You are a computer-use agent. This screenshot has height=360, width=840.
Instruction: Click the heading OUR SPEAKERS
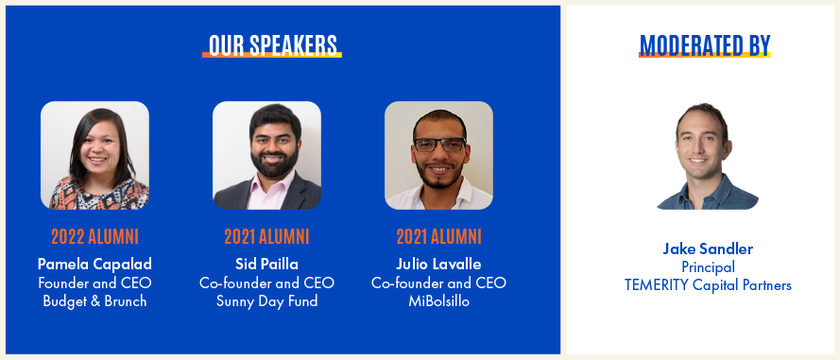pyautogui.click(x=273, y=45)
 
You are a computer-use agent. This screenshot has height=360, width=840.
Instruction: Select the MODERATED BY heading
pyautogui.click(x=705, y=45)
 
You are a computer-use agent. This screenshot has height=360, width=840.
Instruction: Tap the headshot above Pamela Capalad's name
pyautogui.click(x=94, y=155)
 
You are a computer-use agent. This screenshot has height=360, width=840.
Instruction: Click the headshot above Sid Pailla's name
pyautogui.click(x=266, y=155)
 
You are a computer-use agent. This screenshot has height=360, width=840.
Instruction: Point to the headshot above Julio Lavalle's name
pyautogui.click(x=438, y=155)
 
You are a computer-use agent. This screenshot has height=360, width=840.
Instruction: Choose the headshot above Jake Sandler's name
pyautogui.click(x=707, y=156)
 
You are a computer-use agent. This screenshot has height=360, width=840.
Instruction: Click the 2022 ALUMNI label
pyautogui.click(x=94, y=236)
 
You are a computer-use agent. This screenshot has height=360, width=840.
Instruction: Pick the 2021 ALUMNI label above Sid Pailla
pyautogui.click(x=266, y=236)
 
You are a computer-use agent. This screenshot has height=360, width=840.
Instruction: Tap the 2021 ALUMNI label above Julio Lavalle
pyautogui.click(x=438, y=236)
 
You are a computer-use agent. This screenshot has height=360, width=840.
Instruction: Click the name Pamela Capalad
pyautogui.click(x=94, y=265)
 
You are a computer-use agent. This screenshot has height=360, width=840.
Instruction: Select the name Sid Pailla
pyautogui.click(x=266, y=265)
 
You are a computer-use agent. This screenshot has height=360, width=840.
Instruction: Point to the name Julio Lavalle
pyautogui.click(x=438, y=265)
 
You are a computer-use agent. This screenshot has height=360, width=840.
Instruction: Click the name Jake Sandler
pyautogui.click(x=708, y=249)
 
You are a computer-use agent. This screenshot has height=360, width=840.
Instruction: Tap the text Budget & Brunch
pyautogui.click(x=94, y=301)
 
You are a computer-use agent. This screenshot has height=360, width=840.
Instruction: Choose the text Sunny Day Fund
pyautogui.click(x=266, y=301)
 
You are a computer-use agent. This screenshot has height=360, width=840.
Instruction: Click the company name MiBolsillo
pyautogui.click(x=438, y=301)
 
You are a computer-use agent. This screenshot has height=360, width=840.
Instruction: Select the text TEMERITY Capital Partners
pyautogui.click(x=708, y=285)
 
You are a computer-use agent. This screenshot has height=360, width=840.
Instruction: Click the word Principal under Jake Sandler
pyautogui.click(x=708, y=266)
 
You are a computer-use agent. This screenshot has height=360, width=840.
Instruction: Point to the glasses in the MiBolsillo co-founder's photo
pyautogui.click(x=439, y=145)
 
